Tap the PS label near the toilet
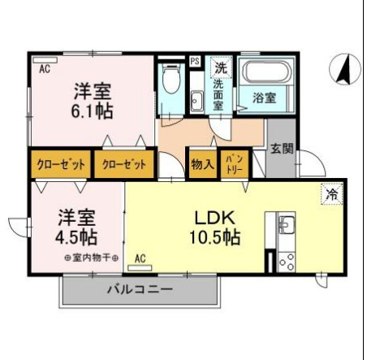[195, 62]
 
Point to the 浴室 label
[264, 98]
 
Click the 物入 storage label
[202, 163]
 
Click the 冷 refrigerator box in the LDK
[330, 193]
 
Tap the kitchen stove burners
[286, 261]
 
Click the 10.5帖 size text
[216, 239]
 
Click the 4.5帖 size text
[77, 238]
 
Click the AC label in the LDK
[140, 259]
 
